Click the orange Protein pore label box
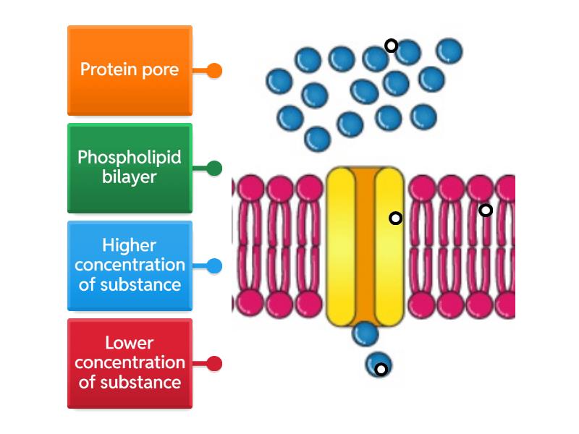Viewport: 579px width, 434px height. tap(130, 71)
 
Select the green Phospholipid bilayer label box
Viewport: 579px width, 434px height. tap(130, 168)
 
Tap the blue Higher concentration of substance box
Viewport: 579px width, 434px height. tap(130, 265)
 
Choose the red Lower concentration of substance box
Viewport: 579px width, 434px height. tap(130, 363)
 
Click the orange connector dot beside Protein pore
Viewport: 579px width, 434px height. tap(214, 71)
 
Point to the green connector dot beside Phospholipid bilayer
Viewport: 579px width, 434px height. tap(214, 169)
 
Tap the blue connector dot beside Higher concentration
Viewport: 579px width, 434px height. tap(214, 265)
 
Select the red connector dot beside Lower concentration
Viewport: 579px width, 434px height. tap(214, 363)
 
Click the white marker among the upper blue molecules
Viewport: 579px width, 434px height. tap(391, 46)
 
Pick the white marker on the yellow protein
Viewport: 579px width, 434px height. tap(395, 218)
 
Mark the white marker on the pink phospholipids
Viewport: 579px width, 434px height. tap(486, 210)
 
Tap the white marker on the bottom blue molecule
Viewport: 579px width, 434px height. tap(381, 370)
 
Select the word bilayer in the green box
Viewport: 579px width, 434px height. tap(130, 176)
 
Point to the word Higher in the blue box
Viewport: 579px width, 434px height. tap(130, 245)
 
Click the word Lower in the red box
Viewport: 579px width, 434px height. tap(130, 343)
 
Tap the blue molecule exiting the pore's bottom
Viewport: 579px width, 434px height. tap(365, 333)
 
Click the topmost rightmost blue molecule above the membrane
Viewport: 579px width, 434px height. tap(449, 51)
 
